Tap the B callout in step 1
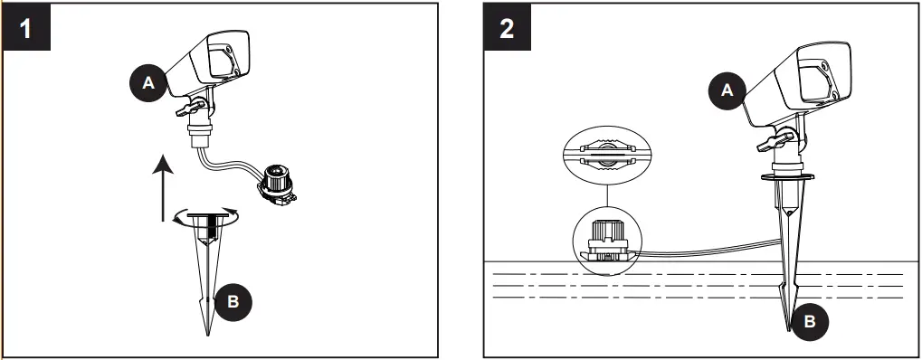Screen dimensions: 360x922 click(x=233, y=301)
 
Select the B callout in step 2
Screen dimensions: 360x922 click(x=813, y=318)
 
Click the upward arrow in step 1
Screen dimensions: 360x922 click(x=160, y=186)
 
